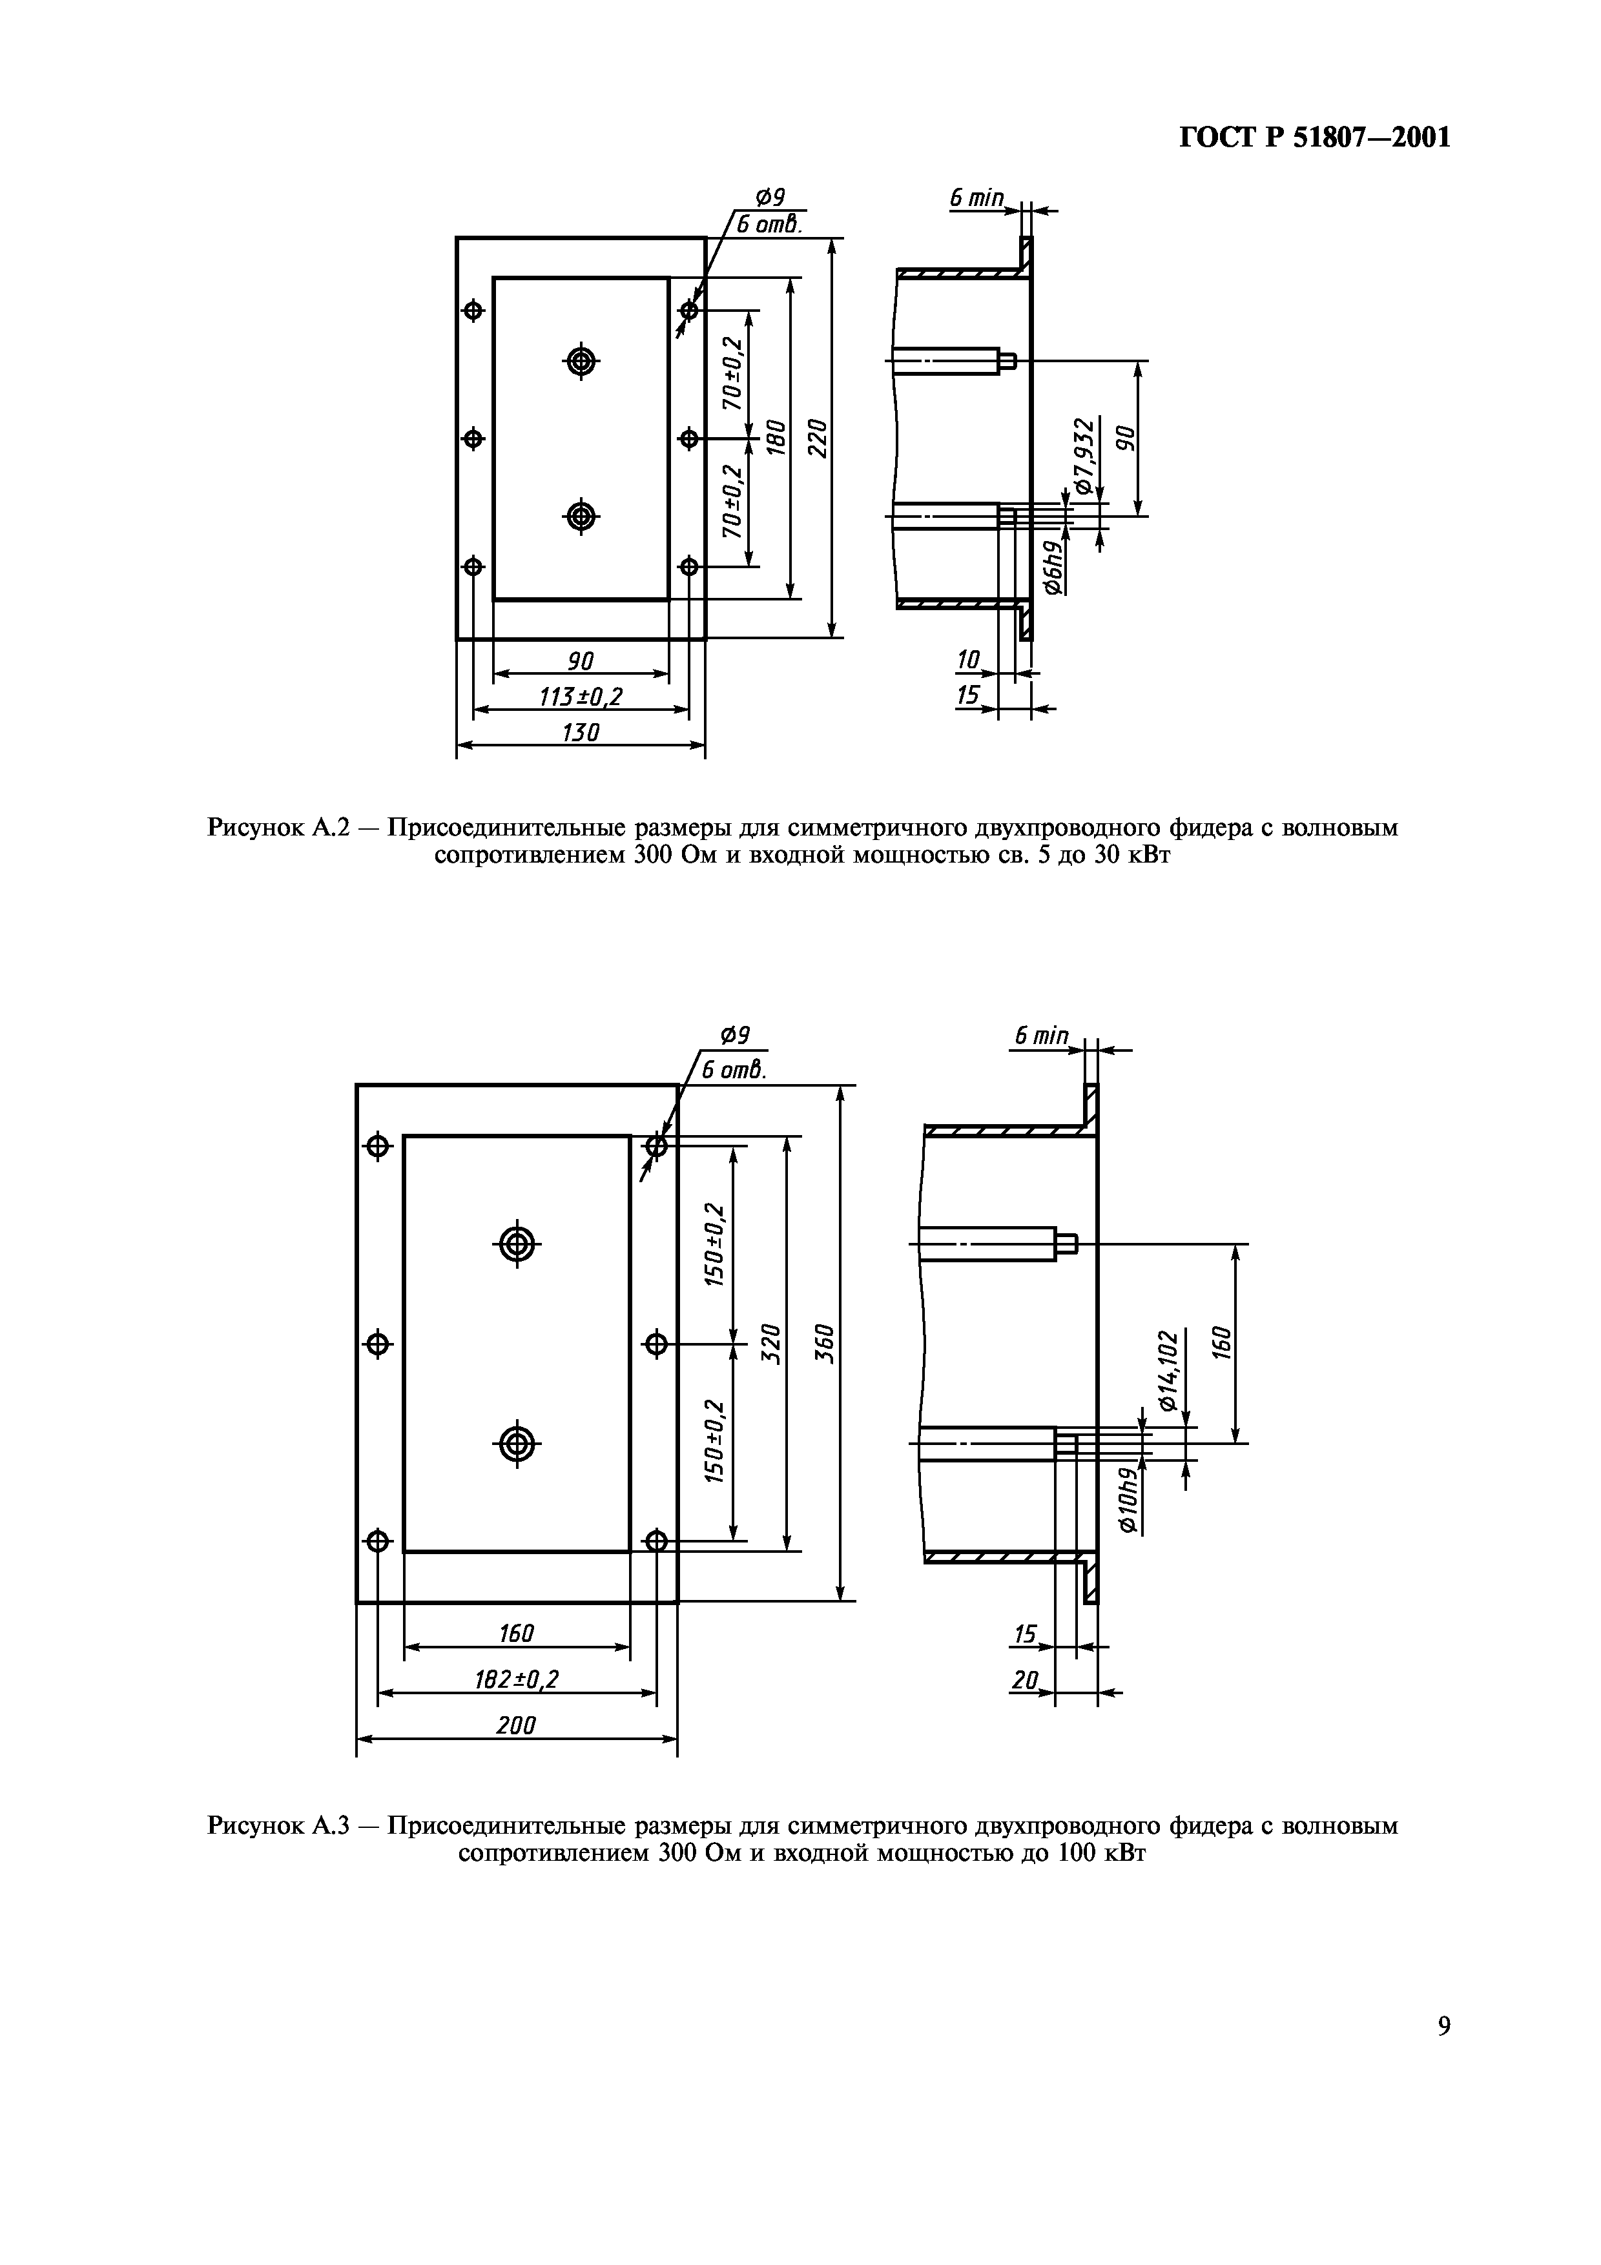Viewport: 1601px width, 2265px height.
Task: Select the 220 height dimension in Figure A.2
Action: (817, 437)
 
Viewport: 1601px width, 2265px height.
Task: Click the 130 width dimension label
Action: (580, 733)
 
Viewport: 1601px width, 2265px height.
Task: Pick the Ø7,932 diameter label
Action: (1085, 456)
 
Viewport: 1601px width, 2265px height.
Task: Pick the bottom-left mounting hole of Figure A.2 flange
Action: (473, 566)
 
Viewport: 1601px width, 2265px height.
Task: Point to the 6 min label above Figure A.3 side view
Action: (1040, 1035)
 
